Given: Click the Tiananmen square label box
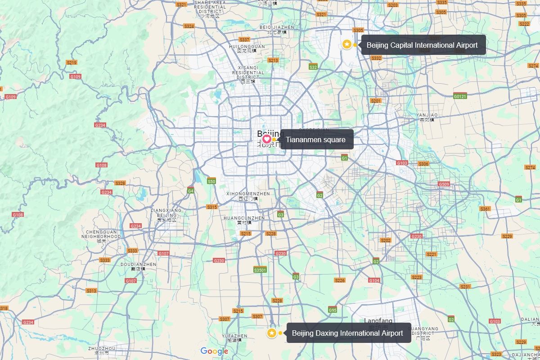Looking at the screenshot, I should click(316, 139).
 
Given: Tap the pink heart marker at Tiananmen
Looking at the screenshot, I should click(266, 139).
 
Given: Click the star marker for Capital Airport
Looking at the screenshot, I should click(347, 44).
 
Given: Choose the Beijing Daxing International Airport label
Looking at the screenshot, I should click(348, 333).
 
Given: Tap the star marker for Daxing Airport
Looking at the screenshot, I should click(272, 333).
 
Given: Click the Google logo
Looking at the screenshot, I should click(215, 351).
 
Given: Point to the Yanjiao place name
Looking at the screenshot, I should click(427, 117).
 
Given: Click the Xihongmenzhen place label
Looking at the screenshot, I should click(248, 196).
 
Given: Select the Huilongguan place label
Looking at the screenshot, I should click(247, 48).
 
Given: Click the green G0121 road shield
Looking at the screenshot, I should click(460, 96).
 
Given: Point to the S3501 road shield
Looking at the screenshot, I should click(260, 270).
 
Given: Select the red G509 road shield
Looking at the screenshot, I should click(444, 184).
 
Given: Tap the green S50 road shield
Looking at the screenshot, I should click(211, 181).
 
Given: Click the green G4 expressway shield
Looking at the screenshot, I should click(191, 191).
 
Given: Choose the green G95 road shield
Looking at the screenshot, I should click(333, 310).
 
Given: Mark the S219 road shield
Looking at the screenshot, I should click(72, 63).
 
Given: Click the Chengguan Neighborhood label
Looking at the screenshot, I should click(102, 236).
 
